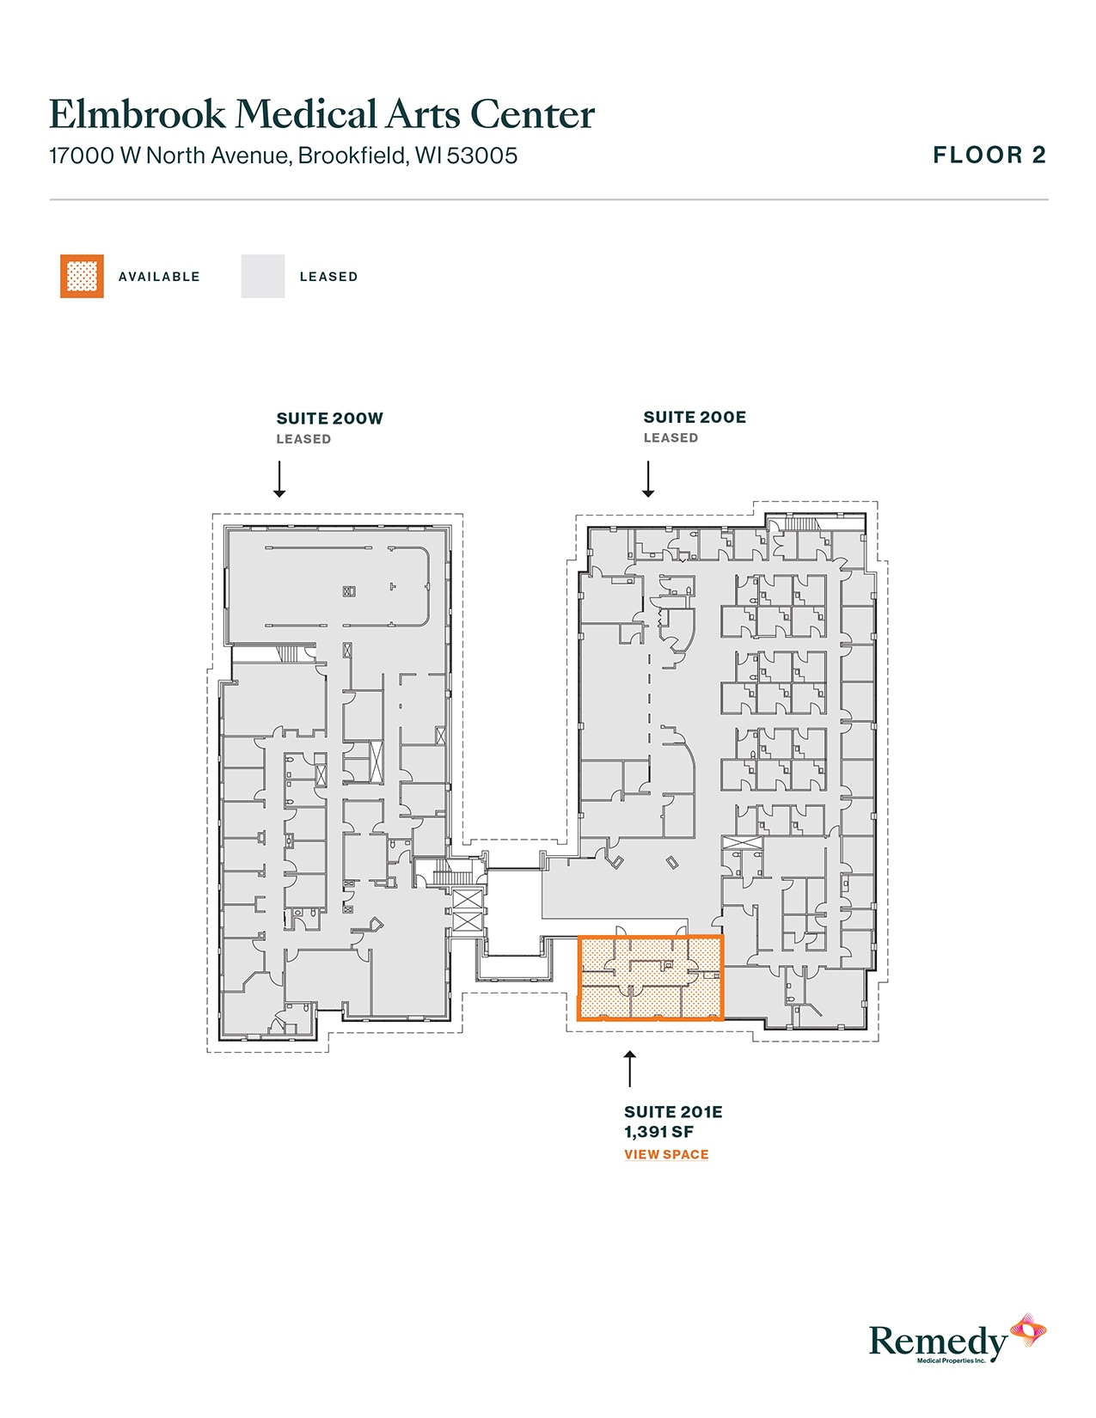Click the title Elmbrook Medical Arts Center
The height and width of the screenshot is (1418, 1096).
coord(321,114)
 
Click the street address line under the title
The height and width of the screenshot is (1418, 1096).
coord(283,156)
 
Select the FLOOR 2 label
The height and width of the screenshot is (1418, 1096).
coord(989,156)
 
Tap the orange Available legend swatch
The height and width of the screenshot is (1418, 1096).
coord(82,277)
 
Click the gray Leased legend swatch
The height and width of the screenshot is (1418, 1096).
coord(262,277)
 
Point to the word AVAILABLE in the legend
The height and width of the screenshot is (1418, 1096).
coord(159,277)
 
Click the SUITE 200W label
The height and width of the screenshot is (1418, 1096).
coord(329,419)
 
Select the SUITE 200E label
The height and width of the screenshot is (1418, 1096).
coord(695,418)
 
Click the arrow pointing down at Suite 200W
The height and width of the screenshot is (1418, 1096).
coord(279,479)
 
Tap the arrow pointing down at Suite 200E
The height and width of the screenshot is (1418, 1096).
coord(648,479)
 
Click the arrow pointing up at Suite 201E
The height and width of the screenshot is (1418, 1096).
coord(630,1068)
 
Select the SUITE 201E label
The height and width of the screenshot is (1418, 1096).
coord(673,1112)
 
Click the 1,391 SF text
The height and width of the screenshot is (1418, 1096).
coord(658,1132)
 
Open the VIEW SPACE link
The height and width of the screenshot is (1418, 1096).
coord(666,1154)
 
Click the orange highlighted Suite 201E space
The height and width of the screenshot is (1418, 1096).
coord(650,978)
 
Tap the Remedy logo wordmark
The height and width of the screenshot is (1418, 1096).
coord(937,1342)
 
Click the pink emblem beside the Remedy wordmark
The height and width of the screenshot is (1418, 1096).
coord(1028,1329)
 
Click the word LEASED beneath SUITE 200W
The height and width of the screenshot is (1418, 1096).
coord(303,439)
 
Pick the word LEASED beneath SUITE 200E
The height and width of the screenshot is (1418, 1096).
coord(670,438)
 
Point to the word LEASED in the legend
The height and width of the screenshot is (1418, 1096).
coord(328,277)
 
